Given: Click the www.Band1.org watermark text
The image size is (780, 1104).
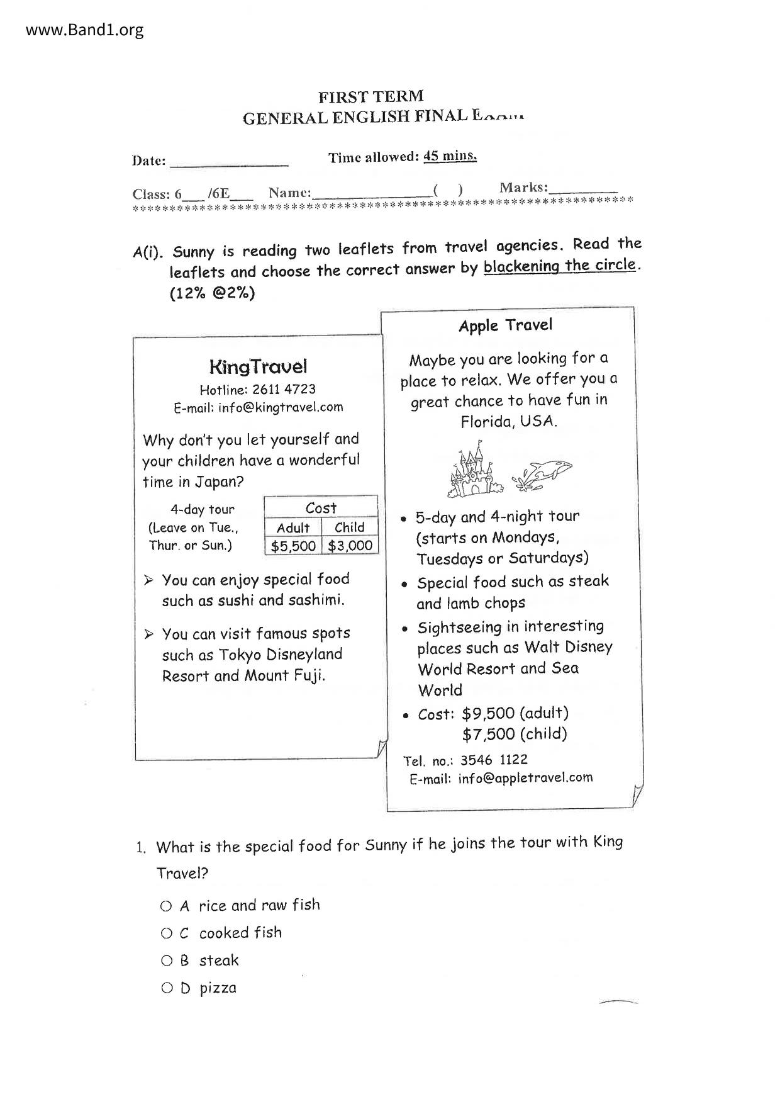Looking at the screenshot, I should [84, 30].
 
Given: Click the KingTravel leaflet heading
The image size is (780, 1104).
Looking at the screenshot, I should [258, 366].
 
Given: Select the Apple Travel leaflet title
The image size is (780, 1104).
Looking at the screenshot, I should [505, 325].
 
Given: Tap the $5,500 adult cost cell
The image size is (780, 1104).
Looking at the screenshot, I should [293, 546].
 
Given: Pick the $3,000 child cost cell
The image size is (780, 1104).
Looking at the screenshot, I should [350, 546].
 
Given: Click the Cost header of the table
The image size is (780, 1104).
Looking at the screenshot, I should [321, 507].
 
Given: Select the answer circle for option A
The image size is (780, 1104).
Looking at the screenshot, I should [166, 906].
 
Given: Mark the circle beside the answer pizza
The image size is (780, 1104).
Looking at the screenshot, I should [167, 988].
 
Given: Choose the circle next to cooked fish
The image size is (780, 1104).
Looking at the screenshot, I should [166, 933].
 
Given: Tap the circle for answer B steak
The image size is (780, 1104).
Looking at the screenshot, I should [166, 960].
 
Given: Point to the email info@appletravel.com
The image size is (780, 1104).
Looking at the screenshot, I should [525, 778].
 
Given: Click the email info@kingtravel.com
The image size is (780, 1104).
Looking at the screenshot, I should [281, 407].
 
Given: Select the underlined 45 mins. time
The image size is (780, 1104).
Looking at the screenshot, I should [450, 155].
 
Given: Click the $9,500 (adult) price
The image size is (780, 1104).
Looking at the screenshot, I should [515, 713].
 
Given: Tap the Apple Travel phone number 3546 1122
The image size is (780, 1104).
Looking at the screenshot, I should [494, 760].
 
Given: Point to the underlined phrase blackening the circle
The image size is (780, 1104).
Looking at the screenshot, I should [559, 266].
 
